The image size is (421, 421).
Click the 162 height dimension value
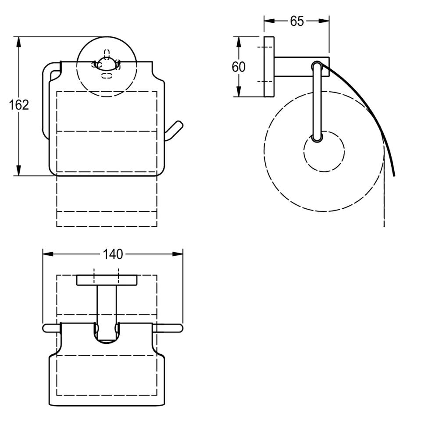pos(19,105)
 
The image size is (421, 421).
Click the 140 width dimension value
pos(113,254)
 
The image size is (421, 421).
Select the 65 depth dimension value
pos(296,21)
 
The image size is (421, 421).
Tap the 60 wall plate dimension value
pos(239,67)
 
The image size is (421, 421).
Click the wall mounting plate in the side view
pos(269,67)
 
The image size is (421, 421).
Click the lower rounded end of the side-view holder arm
pos(317,138)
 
